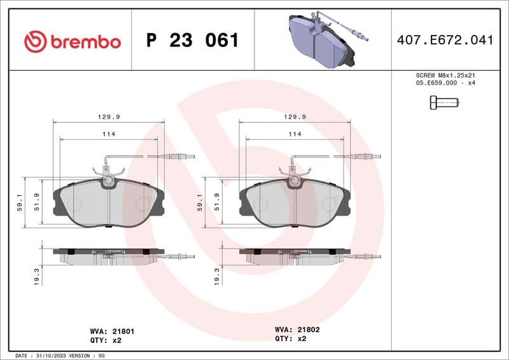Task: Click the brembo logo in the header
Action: (72, 42)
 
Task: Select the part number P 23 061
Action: (192, 41)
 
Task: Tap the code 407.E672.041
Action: (445, 41)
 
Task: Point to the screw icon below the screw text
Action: (443, 102)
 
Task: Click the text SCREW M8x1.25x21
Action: (445, 75)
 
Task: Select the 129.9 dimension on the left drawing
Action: (109, 116)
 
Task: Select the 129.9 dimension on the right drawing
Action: (295, 116)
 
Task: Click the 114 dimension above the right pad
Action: (295, 134)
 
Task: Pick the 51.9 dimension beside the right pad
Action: (217, 202)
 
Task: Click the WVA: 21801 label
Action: (112, 331)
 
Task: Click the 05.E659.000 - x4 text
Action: (445, 83)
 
